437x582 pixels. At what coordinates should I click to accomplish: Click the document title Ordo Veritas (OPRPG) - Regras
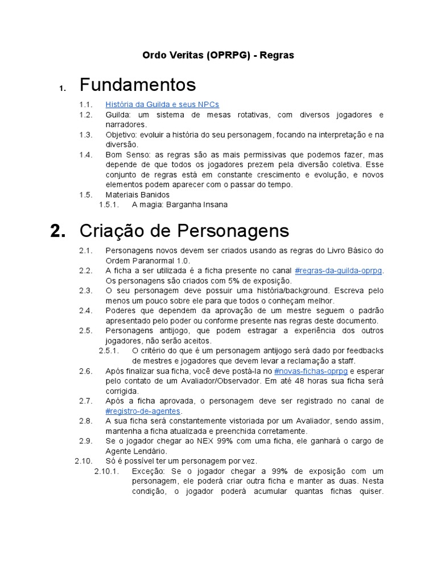click(x=218, y=55)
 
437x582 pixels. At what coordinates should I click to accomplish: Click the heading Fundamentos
click(x=138, y=85)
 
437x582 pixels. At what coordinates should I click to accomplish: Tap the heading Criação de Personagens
click(x=184, y=231)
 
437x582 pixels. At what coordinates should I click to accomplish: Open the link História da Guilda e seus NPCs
click(x=162, y=105)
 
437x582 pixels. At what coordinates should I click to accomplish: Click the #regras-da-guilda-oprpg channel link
click(x=339, y=271)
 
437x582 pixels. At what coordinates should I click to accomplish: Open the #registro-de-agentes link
click(x=143, y=411)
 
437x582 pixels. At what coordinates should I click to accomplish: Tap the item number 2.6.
click(x=86, y=371)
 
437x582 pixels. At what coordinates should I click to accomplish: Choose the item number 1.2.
click(x=86, y=115)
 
